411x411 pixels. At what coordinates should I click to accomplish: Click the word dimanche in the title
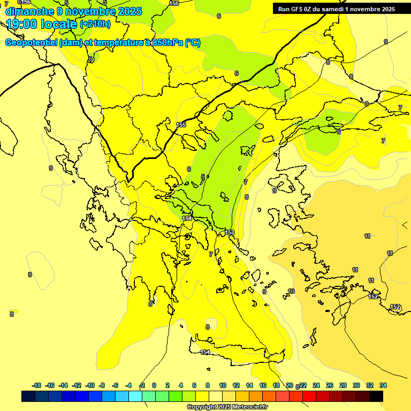point(29,11)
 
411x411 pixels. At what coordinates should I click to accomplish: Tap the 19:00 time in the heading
point(22,24)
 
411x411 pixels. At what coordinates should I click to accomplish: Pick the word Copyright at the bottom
point(202,407)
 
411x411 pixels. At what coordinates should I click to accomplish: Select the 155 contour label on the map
point(181,125)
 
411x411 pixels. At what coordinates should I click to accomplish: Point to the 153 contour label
point(230,232)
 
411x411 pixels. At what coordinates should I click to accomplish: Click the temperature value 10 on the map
point(291,291)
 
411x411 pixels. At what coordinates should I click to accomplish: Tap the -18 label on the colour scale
point(37,385)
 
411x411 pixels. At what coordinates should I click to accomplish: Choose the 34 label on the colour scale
point(383,385)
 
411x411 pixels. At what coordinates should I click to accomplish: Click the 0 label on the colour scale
point(154,385)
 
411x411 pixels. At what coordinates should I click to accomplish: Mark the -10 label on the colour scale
point(90,385)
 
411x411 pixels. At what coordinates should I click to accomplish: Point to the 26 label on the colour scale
point(330,385)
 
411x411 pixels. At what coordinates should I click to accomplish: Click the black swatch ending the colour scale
point(376,396)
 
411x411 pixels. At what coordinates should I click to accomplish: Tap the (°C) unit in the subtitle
point(193,43)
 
